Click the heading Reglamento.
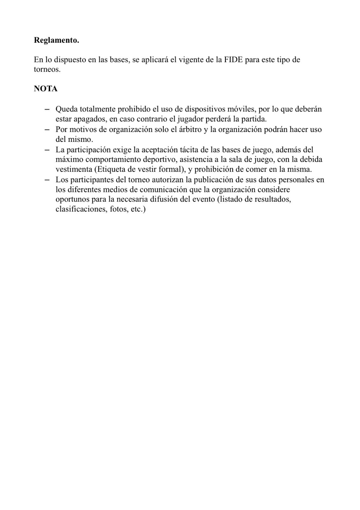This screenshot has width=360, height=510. coord(56,40)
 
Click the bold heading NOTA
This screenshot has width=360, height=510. coord(46,89)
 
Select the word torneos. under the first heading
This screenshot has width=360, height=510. coord(47,69)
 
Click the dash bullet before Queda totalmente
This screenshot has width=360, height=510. coord(47,109)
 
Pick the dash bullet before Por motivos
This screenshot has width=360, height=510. coord(47,129)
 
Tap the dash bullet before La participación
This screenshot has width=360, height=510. coord(47,149)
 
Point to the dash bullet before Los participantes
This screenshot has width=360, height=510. coord(47,180)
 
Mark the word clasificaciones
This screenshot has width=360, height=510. coord(79,210)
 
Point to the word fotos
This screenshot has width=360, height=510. coord(117,210)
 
